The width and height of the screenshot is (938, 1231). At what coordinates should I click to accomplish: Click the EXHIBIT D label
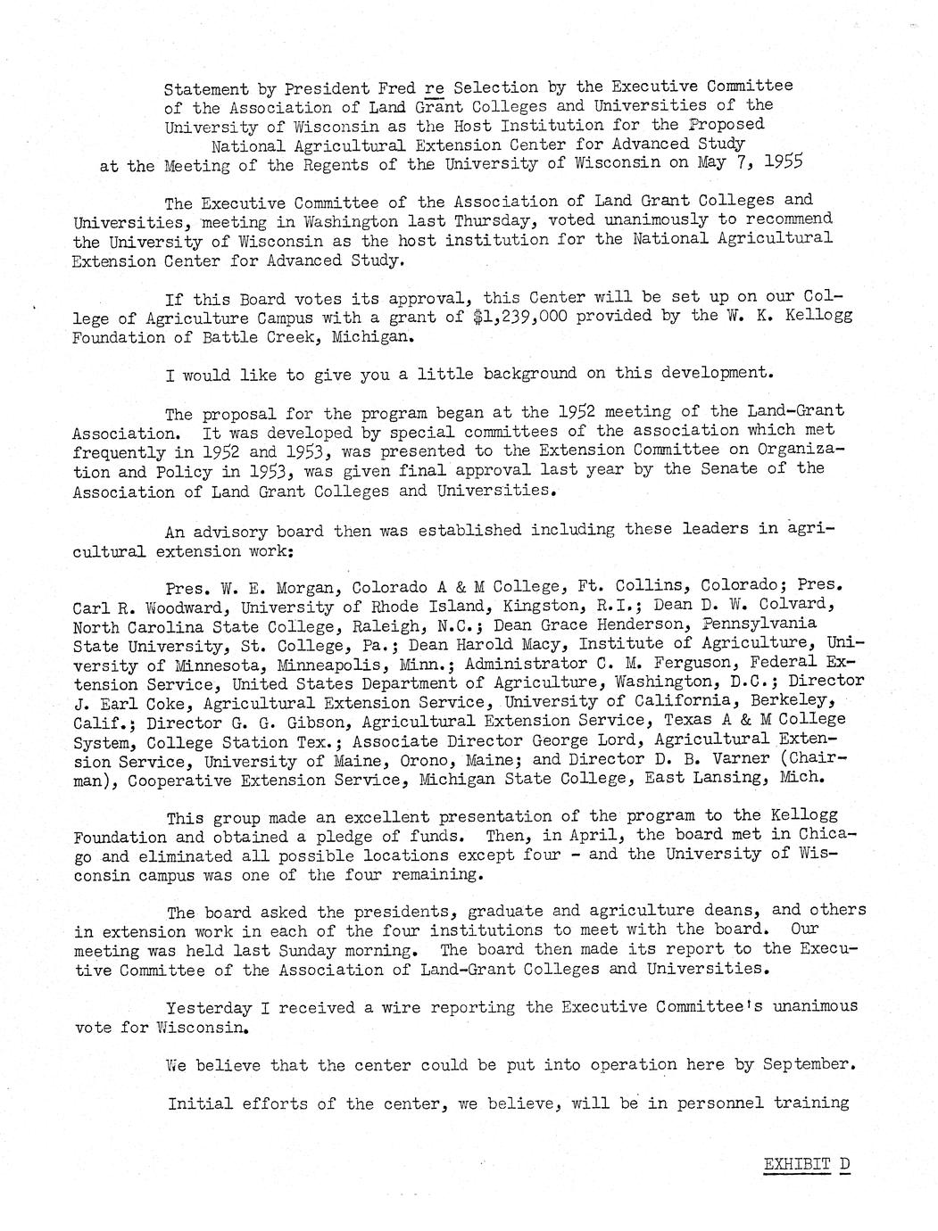coord(806,1164)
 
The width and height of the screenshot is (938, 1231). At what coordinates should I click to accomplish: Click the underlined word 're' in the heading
coord(435,87)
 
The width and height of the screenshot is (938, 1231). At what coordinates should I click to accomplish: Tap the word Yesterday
coord(209,1007)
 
